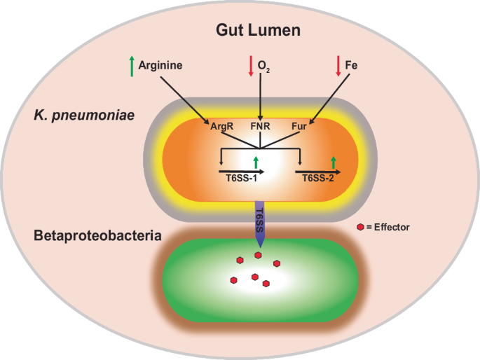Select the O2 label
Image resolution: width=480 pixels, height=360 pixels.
[264, 66]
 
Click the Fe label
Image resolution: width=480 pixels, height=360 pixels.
[350, 65]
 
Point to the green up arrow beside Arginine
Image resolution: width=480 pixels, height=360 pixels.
[131, 66]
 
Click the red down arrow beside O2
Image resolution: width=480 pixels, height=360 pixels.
[250, 66]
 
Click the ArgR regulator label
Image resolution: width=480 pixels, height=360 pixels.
[221, 127]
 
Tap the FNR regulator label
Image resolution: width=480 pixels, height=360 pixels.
[261, 127]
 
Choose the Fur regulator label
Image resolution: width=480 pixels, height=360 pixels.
[300, 127]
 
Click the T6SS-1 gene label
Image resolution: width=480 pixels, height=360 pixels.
[240, 179]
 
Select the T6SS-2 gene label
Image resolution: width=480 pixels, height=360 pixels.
[317, 179]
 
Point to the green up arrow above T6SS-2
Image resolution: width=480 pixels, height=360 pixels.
[334, 162]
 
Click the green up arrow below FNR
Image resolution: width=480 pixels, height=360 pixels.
[256, 162]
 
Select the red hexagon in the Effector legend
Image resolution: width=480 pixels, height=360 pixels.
[360, 227]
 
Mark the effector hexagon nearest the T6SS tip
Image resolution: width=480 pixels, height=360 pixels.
[258, 256]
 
